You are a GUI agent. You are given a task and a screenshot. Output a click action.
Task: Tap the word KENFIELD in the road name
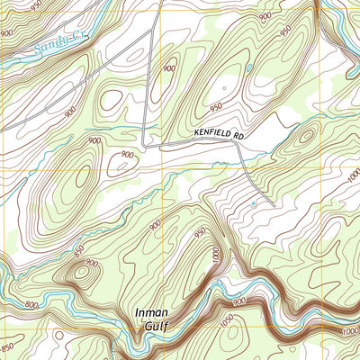[x=211, y=133]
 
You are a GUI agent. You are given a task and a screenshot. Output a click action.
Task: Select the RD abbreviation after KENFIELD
[x=238, y=134]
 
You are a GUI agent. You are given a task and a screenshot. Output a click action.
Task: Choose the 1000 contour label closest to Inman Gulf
[x=216, y=256]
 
